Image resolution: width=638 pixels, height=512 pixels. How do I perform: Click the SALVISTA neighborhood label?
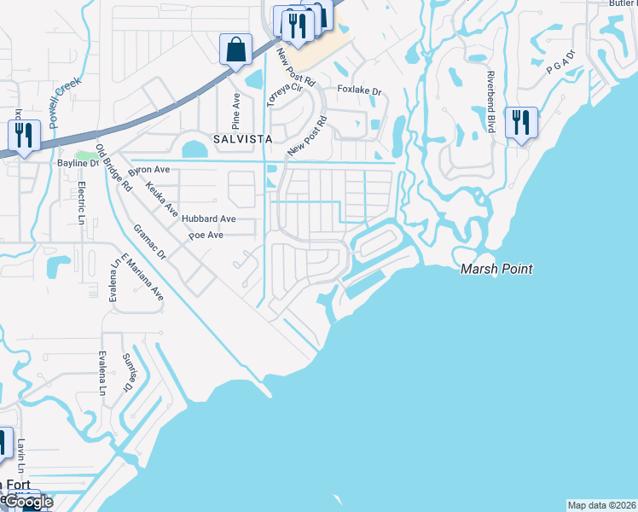236,138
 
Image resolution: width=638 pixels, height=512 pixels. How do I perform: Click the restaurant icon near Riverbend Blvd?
520,122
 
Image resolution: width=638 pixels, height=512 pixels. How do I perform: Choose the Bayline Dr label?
78,162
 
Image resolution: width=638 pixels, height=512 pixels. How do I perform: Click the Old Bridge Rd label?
113,166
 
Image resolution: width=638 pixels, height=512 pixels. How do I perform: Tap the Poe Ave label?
207,235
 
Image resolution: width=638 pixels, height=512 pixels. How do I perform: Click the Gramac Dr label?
149,242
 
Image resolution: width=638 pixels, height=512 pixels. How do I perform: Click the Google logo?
29,502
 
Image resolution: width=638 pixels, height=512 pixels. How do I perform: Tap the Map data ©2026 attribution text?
602,505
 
